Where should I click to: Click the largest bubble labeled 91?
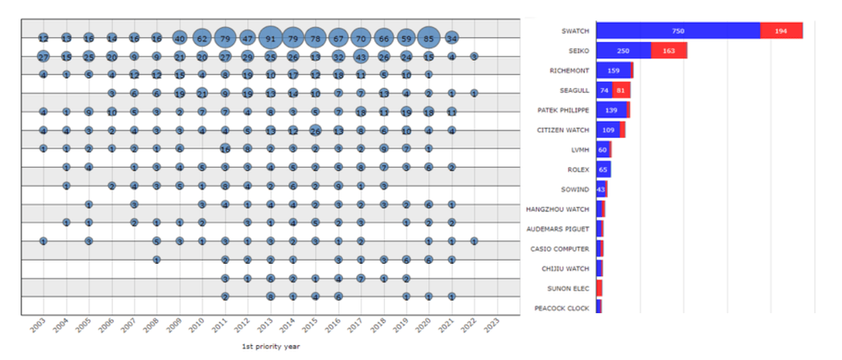[271, 38]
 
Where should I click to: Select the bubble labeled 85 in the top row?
[428, 38]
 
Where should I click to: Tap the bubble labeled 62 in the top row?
[202, 38]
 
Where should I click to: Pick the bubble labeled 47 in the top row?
[248, 38]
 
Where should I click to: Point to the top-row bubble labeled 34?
[451, 38]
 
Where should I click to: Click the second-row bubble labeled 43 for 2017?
[360, 57]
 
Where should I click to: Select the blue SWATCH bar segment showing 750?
[678, 30]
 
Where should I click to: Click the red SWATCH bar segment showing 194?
[781, 30]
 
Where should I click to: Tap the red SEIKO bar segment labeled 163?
[669, 51]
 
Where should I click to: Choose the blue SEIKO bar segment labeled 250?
[623, 51]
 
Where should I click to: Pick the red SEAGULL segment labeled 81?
[622, 90]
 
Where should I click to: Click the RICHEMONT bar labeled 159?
[613, 71]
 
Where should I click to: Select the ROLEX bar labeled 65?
[603, 169]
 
